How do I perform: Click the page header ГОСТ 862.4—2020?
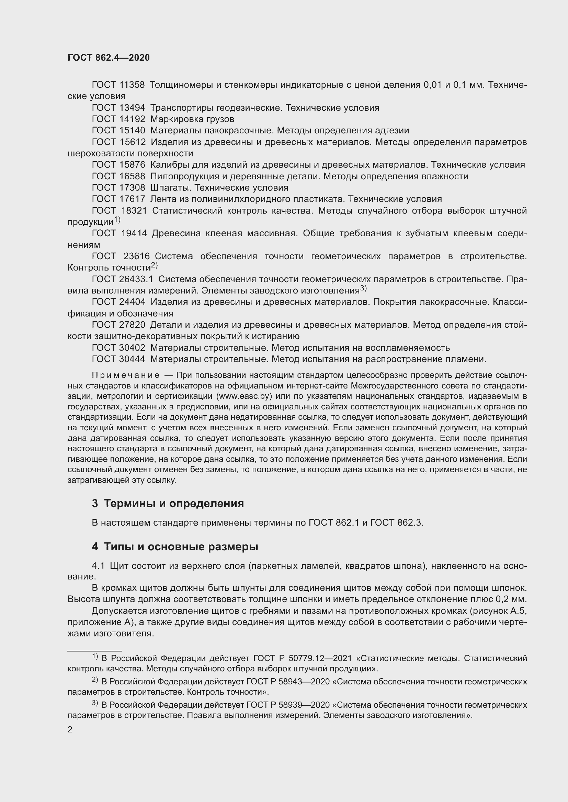coord(109,58)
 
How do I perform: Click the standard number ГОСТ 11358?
coord(118,85)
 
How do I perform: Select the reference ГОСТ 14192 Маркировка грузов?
coord(163,119)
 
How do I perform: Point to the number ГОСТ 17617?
coord(118,199)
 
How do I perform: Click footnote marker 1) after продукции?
coord(117,220)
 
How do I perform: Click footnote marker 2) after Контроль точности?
coord(154,265)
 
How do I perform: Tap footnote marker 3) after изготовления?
coord(363,288)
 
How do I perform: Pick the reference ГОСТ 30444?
coord(118,359)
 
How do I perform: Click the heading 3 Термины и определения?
coord(168,503)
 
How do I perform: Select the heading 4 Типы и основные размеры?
coord(175,547)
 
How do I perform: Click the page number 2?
coord(70,730)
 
